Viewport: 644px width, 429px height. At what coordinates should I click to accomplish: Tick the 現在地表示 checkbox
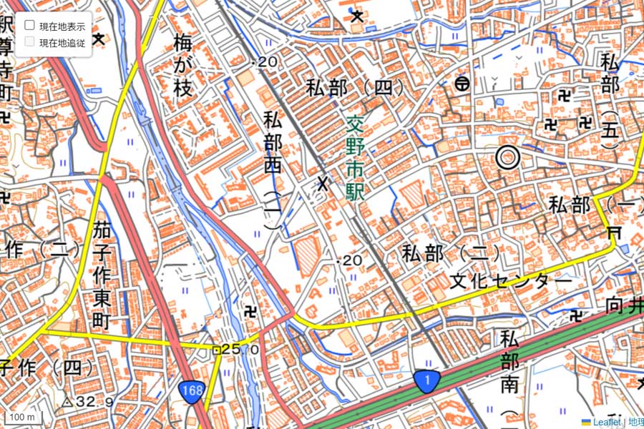30,25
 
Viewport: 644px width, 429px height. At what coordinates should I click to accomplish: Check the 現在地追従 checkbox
30,41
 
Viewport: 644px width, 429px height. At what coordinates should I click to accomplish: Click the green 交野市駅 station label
354,157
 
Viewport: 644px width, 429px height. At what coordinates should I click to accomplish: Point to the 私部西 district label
272,143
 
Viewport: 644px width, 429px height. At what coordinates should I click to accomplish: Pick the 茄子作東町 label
101,275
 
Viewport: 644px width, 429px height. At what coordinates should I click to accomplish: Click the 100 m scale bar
23,417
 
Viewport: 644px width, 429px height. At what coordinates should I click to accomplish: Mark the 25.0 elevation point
215,350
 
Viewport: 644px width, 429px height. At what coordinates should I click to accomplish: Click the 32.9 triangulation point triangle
67,402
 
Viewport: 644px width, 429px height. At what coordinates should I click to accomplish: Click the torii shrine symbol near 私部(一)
613,233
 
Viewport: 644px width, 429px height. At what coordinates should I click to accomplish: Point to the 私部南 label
509,361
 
